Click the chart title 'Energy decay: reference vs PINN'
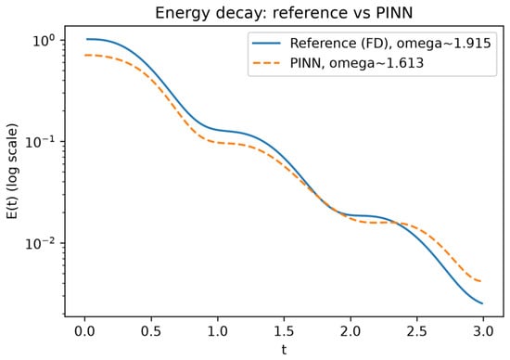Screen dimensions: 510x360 (x=284, y=13)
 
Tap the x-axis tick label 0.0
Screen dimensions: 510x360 (x=85, y=331)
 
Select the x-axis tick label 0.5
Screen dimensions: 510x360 (x=151, y=331)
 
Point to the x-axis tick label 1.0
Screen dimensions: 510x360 (x=218, y=331)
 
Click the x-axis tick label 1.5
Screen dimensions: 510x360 (x=284, y=331)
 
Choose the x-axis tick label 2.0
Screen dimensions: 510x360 (x=351, y=331)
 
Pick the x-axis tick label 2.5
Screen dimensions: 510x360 (x=416, y=331)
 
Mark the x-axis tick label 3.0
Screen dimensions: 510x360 (x=483, y=331)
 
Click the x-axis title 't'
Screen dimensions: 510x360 (x=284, y=350)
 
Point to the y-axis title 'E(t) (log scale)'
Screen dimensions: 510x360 (x=12, y=171)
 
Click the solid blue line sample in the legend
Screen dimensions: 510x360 (x=266, y=43)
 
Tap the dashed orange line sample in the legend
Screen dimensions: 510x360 (x=266, y=63)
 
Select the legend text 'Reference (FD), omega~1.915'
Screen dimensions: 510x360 (x=390, y=44)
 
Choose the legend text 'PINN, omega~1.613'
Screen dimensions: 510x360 (x=357, y=63)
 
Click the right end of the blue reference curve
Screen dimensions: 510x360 (x=483, y=303)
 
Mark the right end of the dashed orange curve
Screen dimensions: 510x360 (x=481, y=281)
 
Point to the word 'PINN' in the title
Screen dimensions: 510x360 (x=394, y=13)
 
